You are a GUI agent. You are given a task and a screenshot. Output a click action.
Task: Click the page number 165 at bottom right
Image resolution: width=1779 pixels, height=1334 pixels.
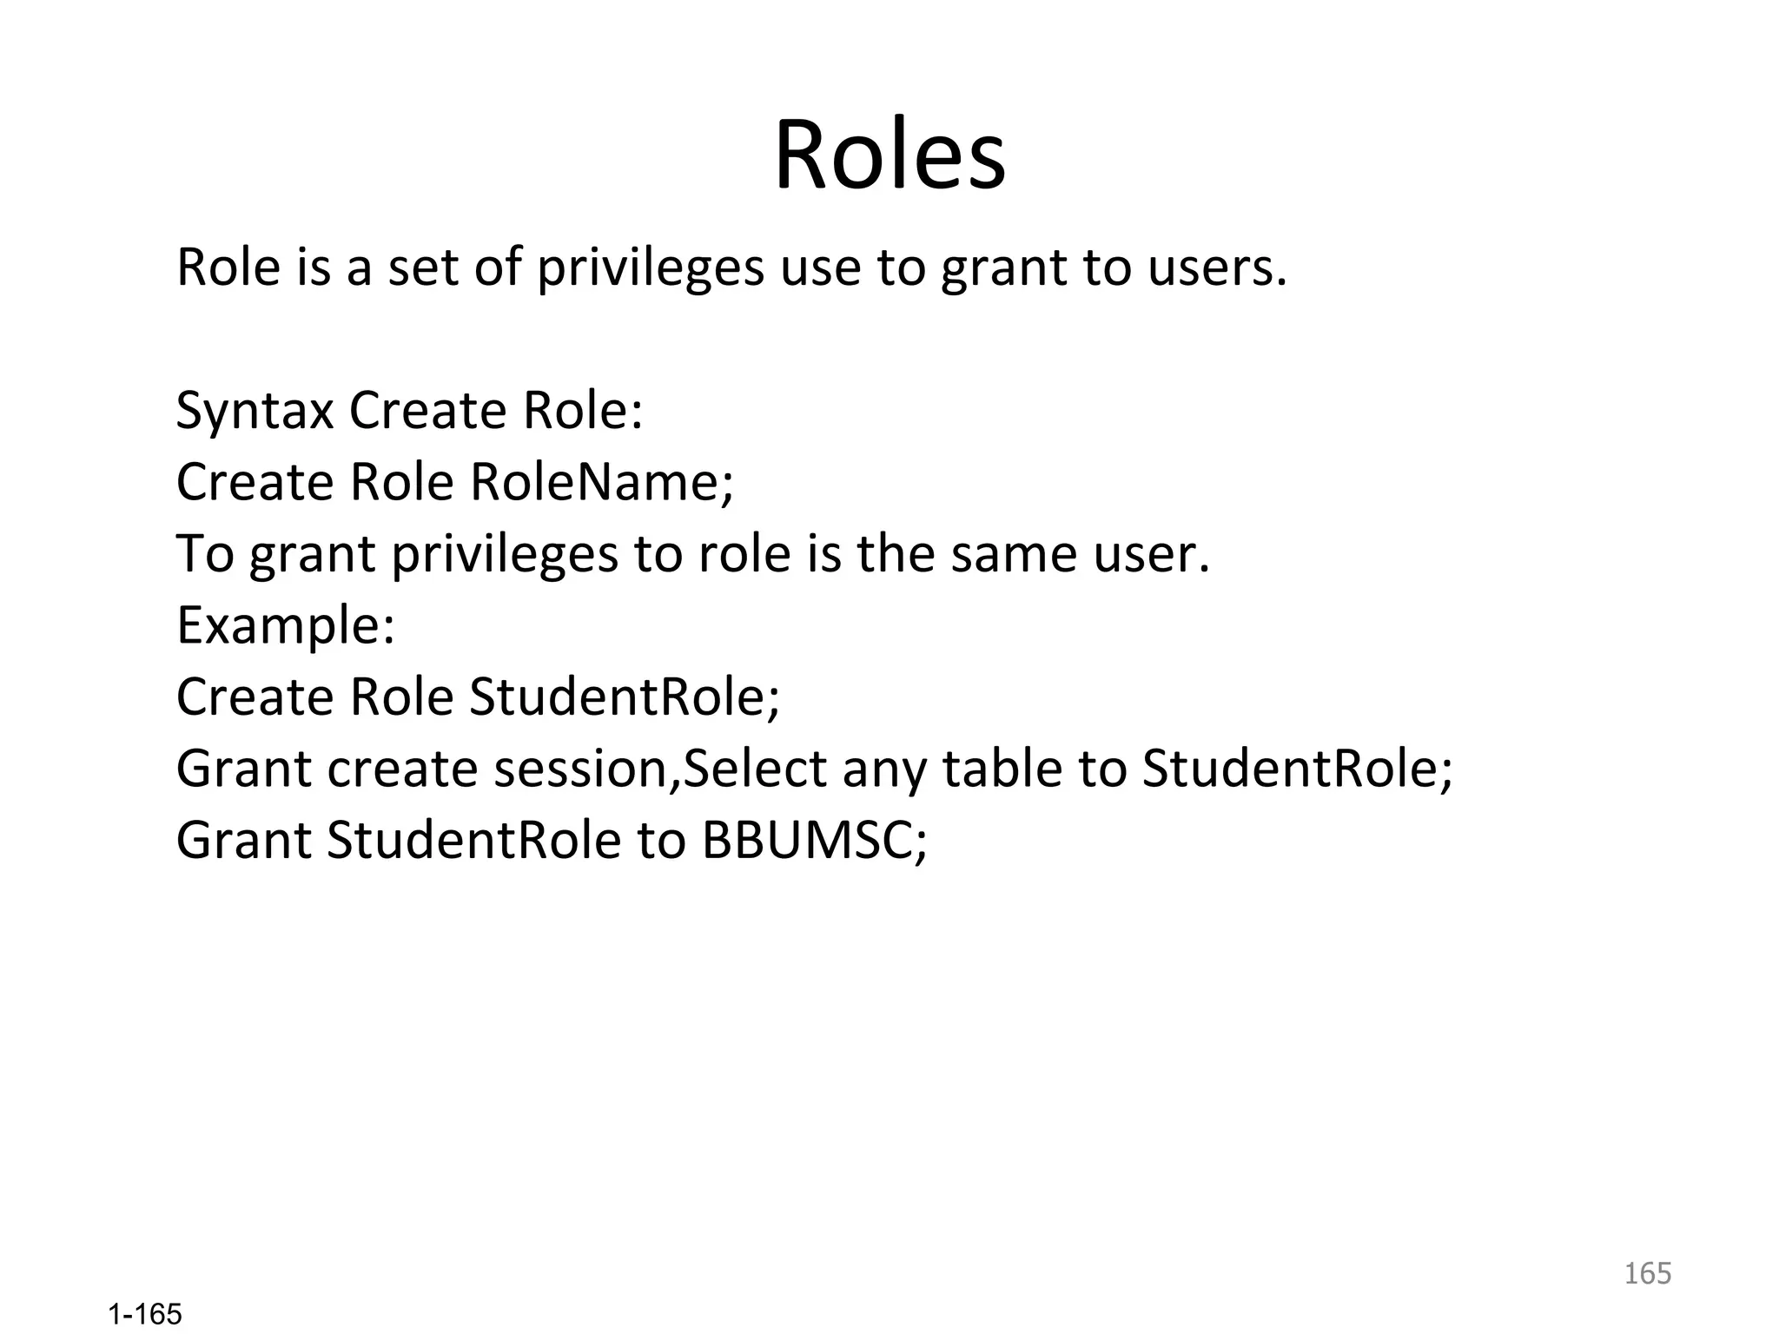coord(1647,1273)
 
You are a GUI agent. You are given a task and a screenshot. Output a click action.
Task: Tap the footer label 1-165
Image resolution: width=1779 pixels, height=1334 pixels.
coord(145,1314)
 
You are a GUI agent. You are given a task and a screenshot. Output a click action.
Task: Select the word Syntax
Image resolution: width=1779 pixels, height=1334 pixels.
coord(255,412)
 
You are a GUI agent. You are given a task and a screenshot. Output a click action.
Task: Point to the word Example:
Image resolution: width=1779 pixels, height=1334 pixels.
coord(286,626)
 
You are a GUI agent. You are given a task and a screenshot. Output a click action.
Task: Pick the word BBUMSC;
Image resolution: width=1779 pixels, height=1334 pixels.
coord(815,841)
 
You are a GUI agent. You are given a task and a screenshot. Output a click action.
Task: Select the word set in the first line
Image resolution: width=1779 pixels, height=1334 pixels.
coord(422,267)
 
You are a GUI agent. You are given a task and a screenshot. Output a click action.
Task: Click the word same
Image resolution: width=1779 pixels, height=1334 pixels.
coord(1014,554)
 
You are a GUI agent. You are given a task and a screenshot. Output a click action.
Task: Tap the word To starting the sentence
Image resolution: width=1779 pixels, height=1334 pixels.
coord(205,554)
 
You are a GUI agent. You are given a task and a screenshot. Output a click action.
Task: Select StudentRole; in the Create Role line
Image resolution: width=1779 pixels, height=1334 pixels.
coord(625,697)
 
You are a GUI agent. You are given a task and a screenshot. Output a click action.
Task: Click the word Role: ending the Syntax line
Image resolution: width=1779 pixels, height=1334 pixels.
coord(583,412)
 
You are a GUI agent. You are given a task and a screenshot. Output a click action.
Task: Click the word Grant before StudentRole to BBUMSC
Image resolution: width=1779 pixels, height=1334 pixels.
coord(243,841)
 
